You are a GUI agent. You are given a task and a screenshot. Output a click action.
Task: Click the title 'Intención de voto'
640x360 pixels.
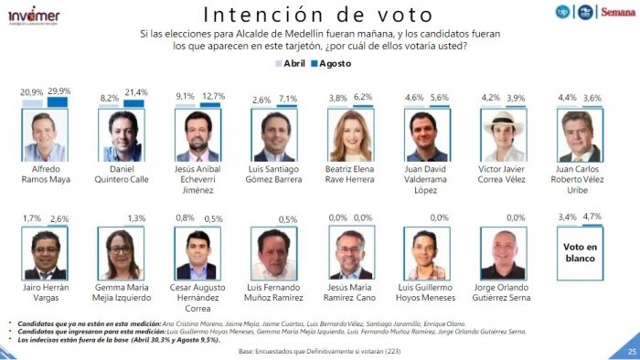coord(316,15)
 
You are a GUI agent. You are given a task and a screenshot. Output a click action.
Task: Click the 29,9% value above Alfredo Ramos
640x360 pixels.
coord(59,91)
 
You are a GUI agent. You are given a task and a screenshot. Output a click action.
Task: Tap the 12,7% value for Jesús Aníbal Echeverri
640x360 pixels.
coord(212,97)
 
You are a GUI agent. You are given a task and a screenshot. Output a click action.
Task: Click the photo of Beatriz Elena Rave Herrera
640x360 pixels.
coord(351,135)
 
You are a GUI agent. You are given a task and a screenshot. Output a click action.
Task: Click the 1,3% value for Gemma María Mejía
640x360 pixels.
coord(137,217)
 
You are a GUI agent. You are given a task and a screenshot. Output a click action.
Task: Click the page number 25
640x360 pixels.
coord(630,351)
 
